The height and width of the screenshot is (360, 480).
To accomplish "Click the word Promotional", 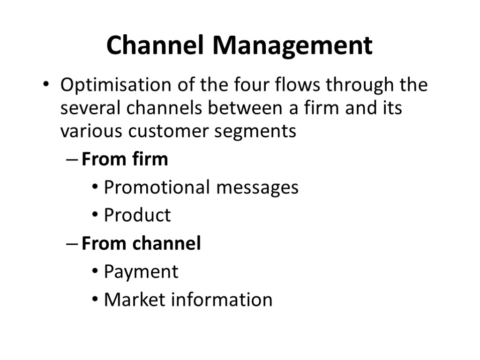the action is [157, 187].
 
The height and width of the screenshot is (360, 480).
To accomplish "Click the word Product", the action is [137, 216].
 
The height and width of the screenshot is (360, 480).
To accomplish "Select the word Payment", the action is [141, 272].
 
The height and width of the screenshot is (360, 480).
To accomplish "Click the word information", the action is [221, 300].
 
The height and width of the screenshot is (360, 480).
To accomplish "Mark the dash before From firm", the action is [70, 160].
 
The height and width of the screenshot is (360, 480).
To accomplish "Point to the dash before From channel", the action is [70, 245].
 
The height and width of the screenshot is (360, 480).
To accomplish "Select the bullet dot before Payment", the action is [95, 272].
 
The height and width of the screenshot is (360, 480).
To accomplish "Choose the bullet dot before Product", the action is [95, 216].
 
